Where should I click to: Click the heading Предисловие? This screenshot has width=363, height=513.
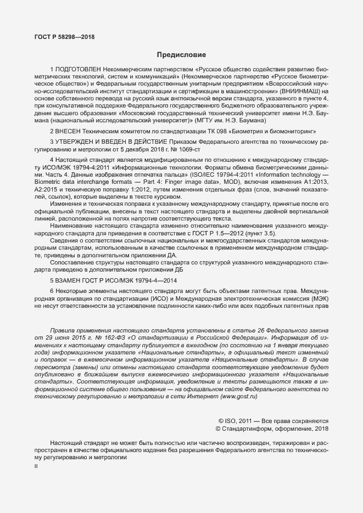[x=181, y=55]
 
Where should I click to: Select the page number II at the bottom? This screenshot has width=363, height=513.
[x=36, y=466]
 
